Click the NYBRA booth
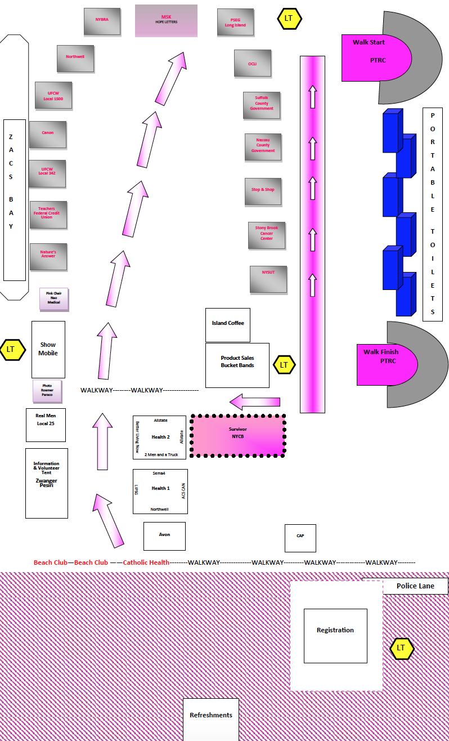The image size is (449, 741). point(102,21)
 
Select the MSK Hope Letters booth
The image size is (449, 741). point(166,21)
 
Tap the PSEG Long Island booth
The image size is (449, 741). point(235,22)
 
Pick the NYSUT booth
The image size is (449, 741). point(268,279)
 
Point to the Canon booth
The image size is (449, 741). point(48,135)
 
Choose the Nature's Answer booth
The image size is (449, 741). point(48,257)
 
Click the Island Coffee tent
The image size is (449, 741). point(227,325)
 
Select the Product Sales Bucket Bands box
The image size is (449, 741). point(237,365)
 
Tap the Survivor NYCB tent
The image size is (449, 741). point(237,435)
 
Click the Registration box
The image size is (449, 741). point(335,635)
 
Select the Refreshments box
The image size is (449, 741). point(211,719)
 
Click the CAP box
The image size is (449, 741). point(300,538)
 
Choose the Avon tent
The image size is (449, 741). point(164,536)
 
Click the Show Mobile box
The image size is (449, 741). point(48,349)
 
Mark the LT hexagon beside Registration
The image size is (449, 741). point(402,648)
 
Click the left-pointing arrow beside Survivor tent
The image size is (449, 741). point(255,402)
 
